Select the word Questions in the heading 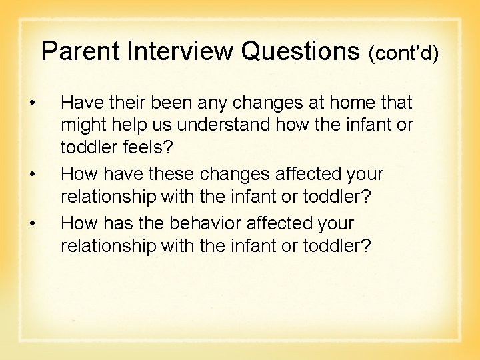(x=299, y=51)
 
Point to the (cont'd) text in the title (x=403, y=53)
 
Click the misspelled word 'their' (x=126, y=103)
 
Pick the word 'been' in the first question (x=171, y=103)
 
